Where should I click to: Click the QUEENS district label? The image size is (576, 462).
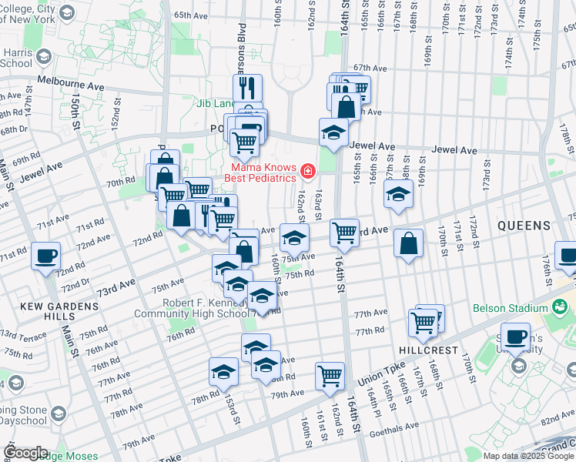point(524,226)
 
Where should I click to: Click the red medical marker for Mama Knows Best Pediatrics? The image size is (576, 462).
point(307,170)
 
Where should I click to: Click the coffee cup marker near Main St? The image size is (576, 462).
point(45,256)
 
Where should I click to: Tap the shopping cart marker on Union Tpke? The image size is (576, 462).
point(330,375)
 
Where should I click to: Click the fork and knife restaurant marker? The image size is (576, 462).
point(248,87)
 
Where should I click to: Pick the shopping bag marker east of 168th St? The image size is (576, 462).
point(408,243)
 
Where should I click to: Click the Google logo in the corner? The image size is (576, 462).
point(25,453)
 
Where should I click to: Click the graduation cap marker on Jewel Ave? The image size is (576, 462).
point(333,132)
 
